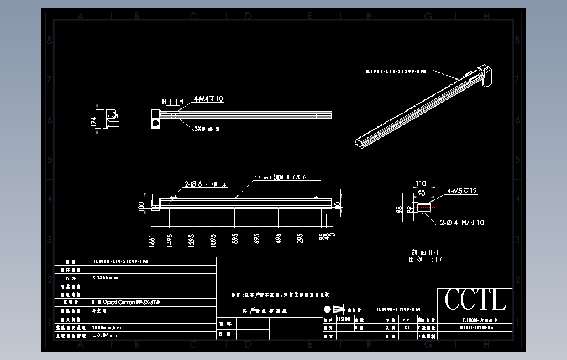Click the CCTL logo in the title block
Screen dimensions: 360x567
click(x=475, y=300)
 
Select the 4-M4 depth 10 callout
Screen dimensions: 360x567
click(x=208, y=99)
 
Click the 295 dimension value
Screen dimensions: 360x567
click(x=301, y=239)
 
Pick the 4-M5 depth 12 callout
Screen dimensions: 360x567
click(x=462, y=191)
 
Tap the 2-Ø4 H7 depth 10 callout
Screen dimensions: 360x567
click(x=462, y=223)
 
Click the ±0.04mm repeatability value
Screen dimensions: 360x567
click(x=106, y=335)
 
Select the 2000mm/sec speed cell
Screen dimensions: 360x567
click(x=108, y=327)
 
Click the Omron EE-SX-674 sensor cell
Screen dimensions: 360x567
click(x=120, y=303)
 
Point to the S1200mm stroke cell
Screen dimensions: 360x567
click(x=105, y=278)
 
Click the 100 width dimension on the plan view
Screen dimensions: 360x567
click(x=141, y=207)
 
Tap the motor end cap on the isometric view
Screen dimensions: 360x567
click(x=487, y=76)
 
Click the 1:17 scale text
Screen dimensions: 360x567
click(x=433, y=259)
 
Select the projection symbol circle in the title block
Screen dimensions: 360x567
click(x=328, y=309)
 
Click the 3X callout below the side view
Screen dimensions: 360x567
click(x=207, y=129)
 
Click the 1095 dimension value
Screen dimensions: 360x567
click(x=213, y=239)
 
